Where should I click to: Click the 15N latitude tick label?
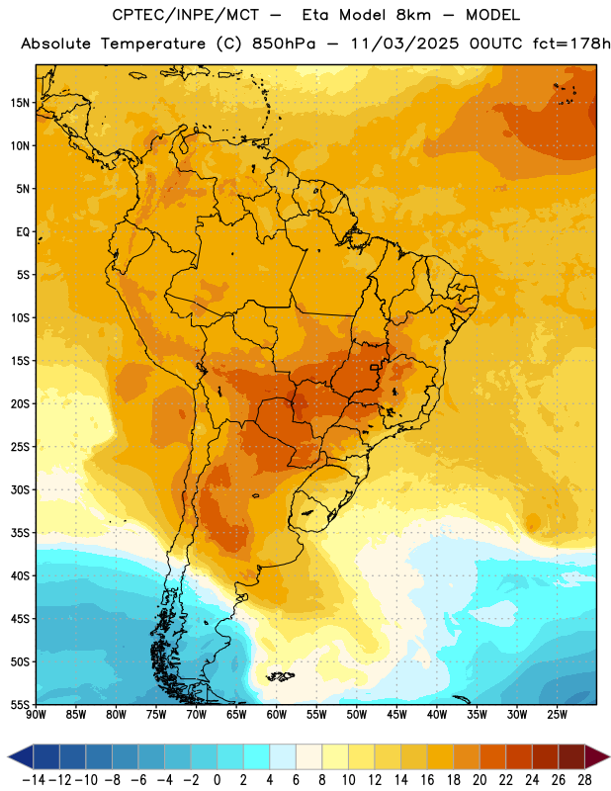[x=20, y=103]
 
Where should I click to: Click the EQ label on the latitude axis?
[x=23, y=232]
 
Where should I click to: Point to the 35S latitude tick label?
[x=20, y=533]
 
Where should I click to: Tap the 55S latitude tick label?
[x=20, y=705]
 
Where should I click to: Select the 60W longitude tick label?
[x=277, y=714]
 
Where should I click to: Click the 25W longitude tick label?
[x=557, y=714]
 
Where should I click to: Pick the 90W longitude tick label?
[x=36, y=714]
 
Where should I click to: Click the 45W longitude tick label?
[x=396, y=714]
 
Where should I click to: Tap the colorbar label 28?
[x=584, y=780]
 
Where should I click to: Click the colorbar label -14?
[x=34, y=780]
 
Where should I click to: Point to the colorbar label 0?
[x=217, y=780]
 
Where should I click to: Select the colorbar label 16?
[x=427, y=780]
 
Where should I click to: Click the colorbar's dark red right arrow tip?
[x=608, y=756]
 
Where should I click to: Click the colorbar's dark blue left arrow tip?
[x=9, y=756]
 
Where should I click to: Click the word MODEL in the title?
[x=492, y=15]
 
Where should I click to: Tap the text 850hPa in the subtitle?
[x=284, y=44]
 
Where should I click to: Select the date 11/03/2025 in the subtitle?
[x=404, y=44]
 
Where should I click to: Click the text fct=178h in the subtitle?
[x=571, y=44]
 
